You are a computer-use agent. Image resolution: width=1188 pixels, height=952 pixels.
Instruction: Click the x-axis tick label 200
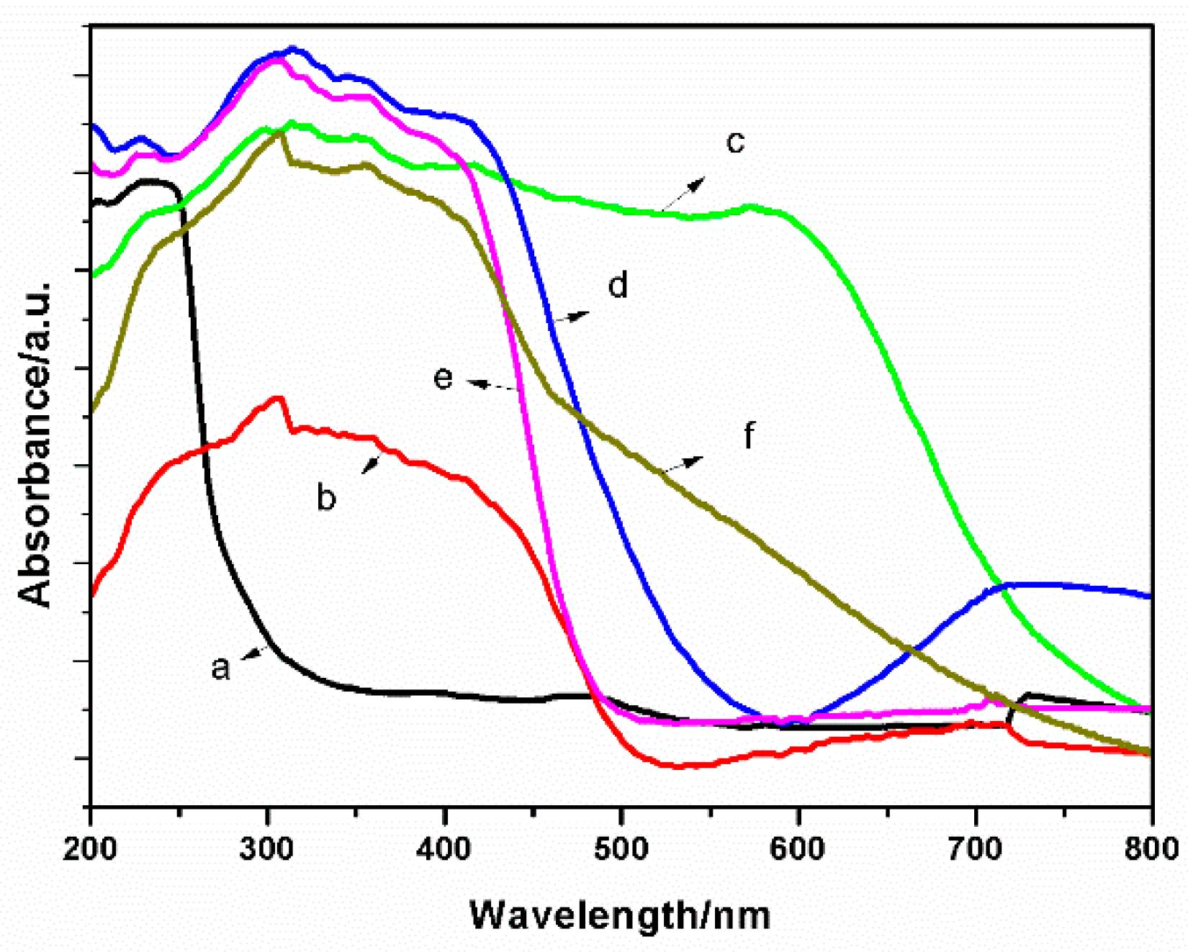[x=90, y=849]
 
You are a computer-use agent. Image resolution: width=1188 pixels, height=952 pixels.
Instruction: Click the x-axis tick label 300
[x=267, y=849]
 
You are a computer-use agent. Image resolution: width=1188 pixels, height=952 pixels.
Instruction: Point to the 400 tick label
[x=444, y=849]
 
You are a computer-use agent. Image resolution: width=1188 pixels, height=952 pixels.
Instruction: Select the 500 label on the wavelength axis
[x=621, y=849]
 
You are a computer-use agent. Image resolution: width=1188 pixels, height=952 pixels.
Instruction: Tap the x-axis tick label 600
[x=798, y=849]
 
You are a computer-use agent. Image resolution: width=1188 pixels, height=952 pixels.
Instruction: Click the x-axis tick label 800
[x=1151, y=849]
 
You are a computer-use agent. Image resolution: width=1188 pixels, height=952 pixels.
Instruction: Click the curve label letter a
[x=220, y=667]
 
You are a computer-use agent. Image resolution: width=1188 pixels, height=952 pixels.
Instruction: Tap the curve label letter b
[x=326, y=497]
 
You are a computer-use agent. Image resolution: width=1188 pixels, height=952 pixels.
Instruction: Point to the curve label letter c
[x=734, y=141]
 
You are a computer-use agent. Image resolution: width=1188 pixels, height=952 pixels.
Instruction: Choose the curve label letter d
[x=618, y=285]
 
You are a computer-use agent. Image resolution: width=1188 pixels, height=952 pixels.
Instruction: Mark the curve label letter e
[x=444, y=377]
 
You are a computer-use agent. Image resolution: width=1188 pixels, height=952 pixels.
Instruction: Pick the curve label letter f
[x=749, y=435]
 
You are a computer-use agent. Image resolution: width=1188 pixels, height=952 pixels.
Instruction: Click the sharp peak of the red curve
[x=278, y=398]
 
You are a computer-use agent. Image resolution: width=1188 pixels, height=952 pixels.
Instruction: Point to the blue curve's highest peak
[x=292, y=49]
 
